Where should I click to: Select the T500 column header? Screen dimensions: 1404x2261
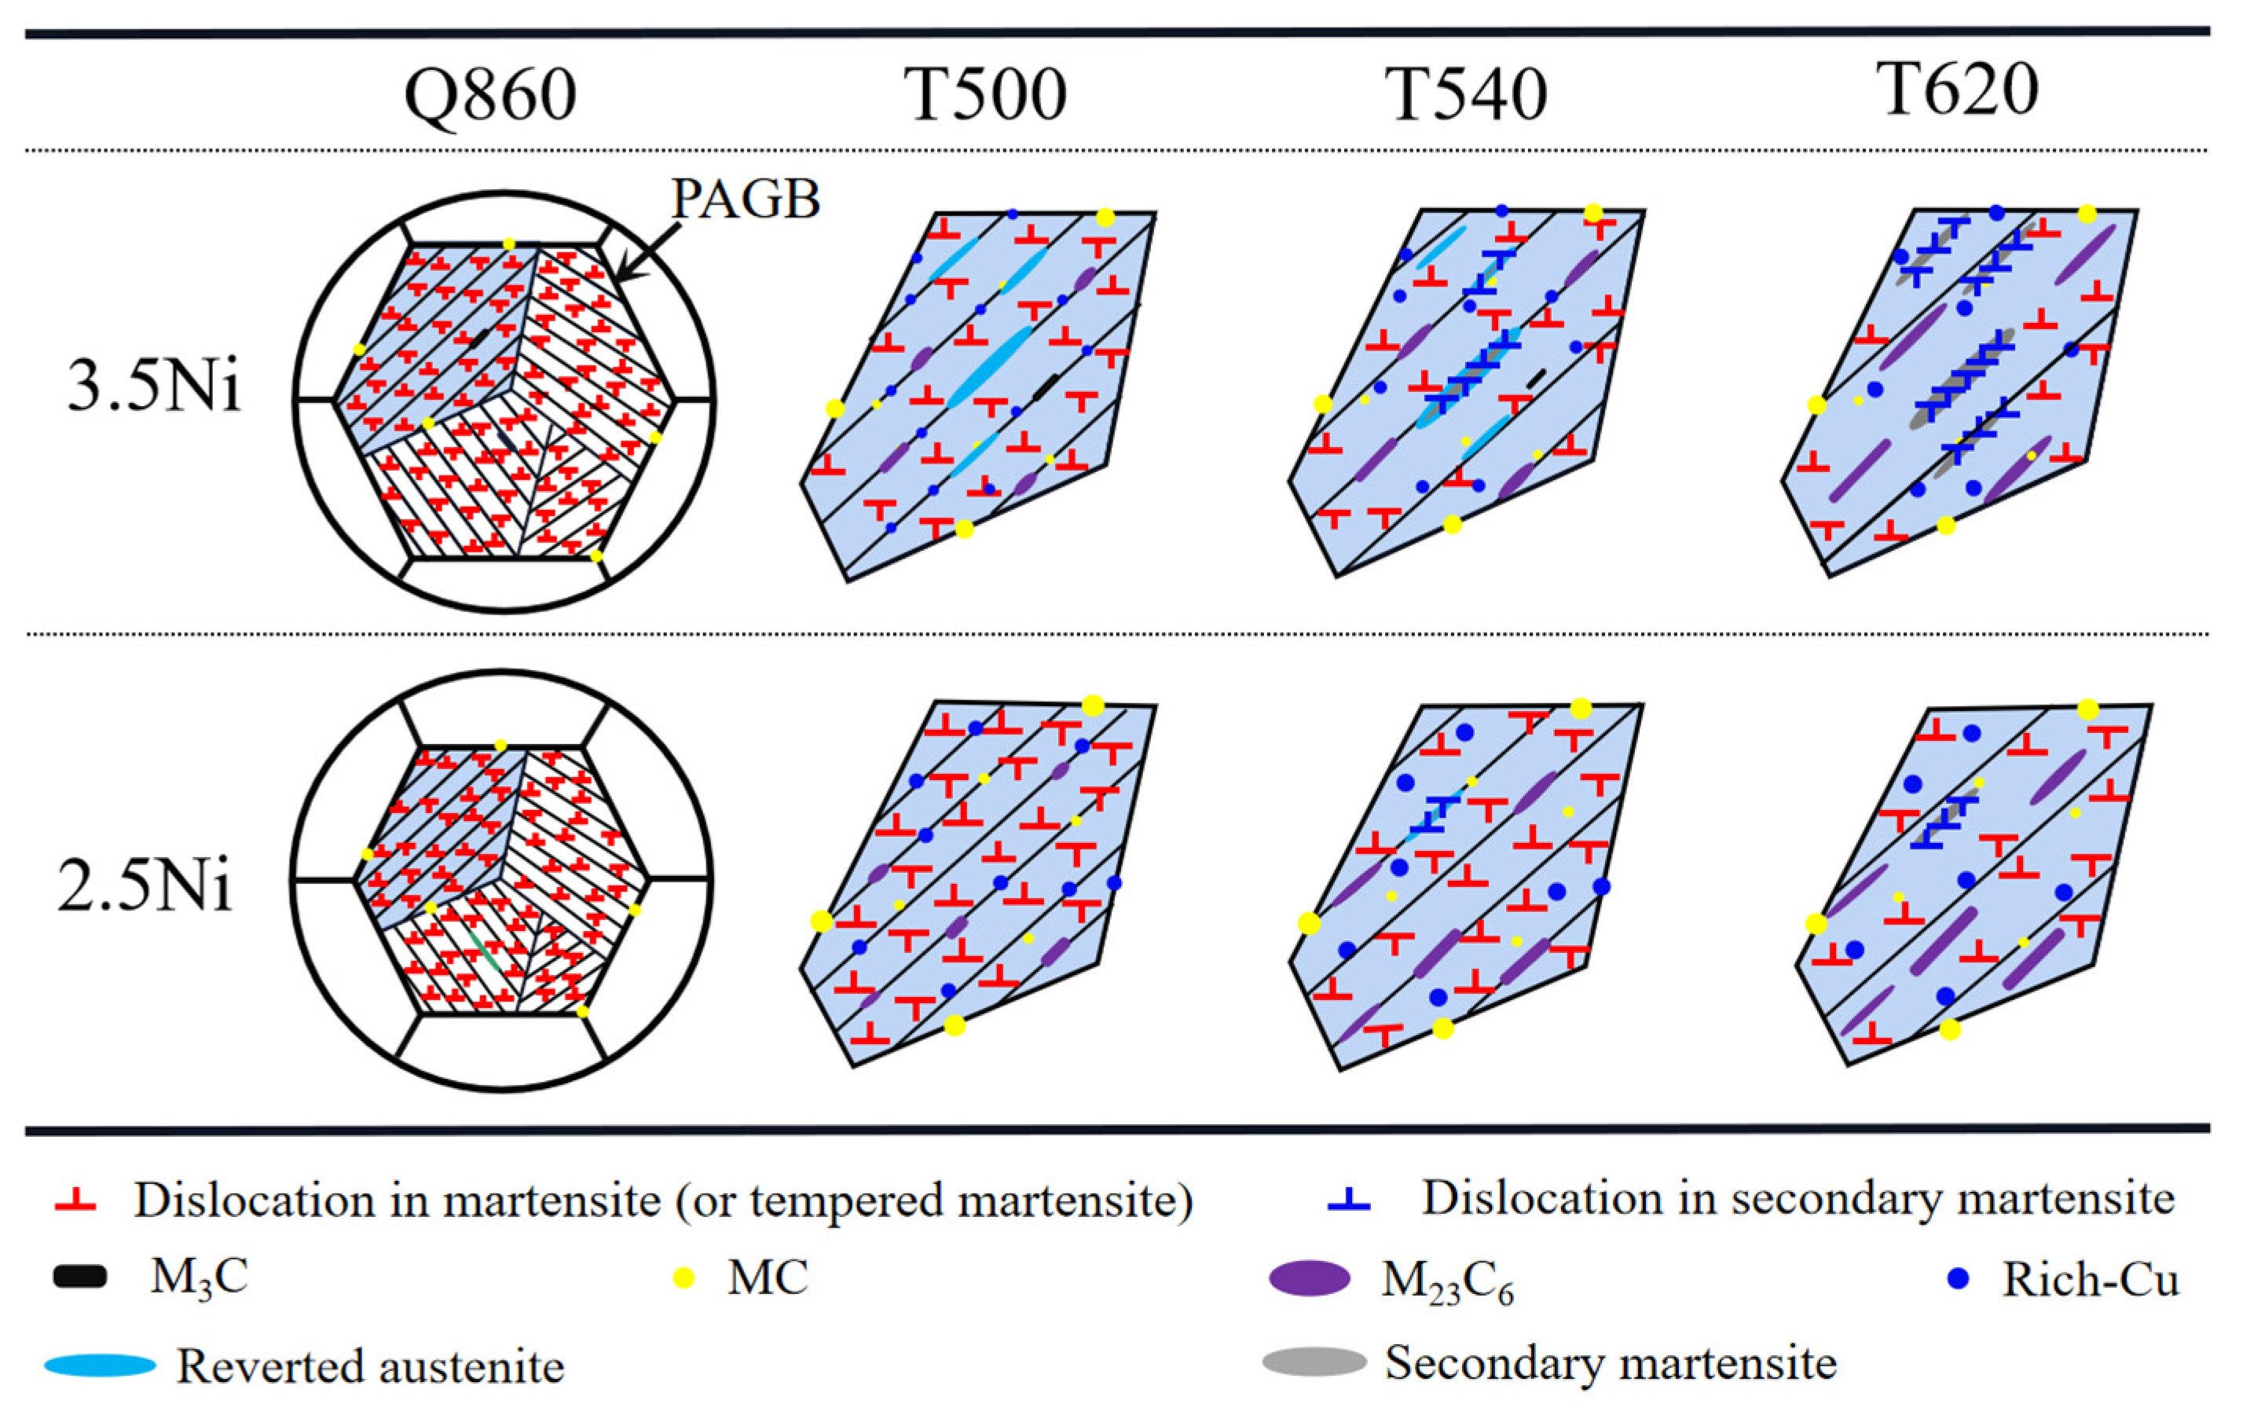tap(985, 95)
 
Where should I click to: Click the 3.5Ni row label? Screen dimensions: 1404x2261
tap(153, 385)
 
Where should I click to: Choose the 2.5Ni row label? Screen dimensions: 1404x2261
tap(144, 885)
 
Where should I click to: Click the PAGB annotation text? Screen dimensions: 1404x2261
tap(746, 198)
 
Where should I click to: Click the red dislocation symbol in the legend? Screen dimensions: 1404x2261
tap(75, 1201)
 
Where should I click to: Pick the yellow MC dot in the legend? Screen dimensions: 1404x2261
tap(683, 1278)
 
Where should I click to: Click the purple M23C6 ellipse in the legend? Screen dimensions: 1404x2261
tap(1310, 1278)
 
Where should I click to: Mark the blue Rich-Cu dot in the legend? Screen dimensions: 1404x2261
tap(1958, 1278)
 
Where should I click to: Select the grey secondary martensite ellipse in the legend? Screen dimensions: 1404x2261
tap(1314, 1362)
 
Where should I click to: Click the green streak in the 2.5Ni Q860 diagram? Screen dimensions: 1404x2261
tap(484, 951)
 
